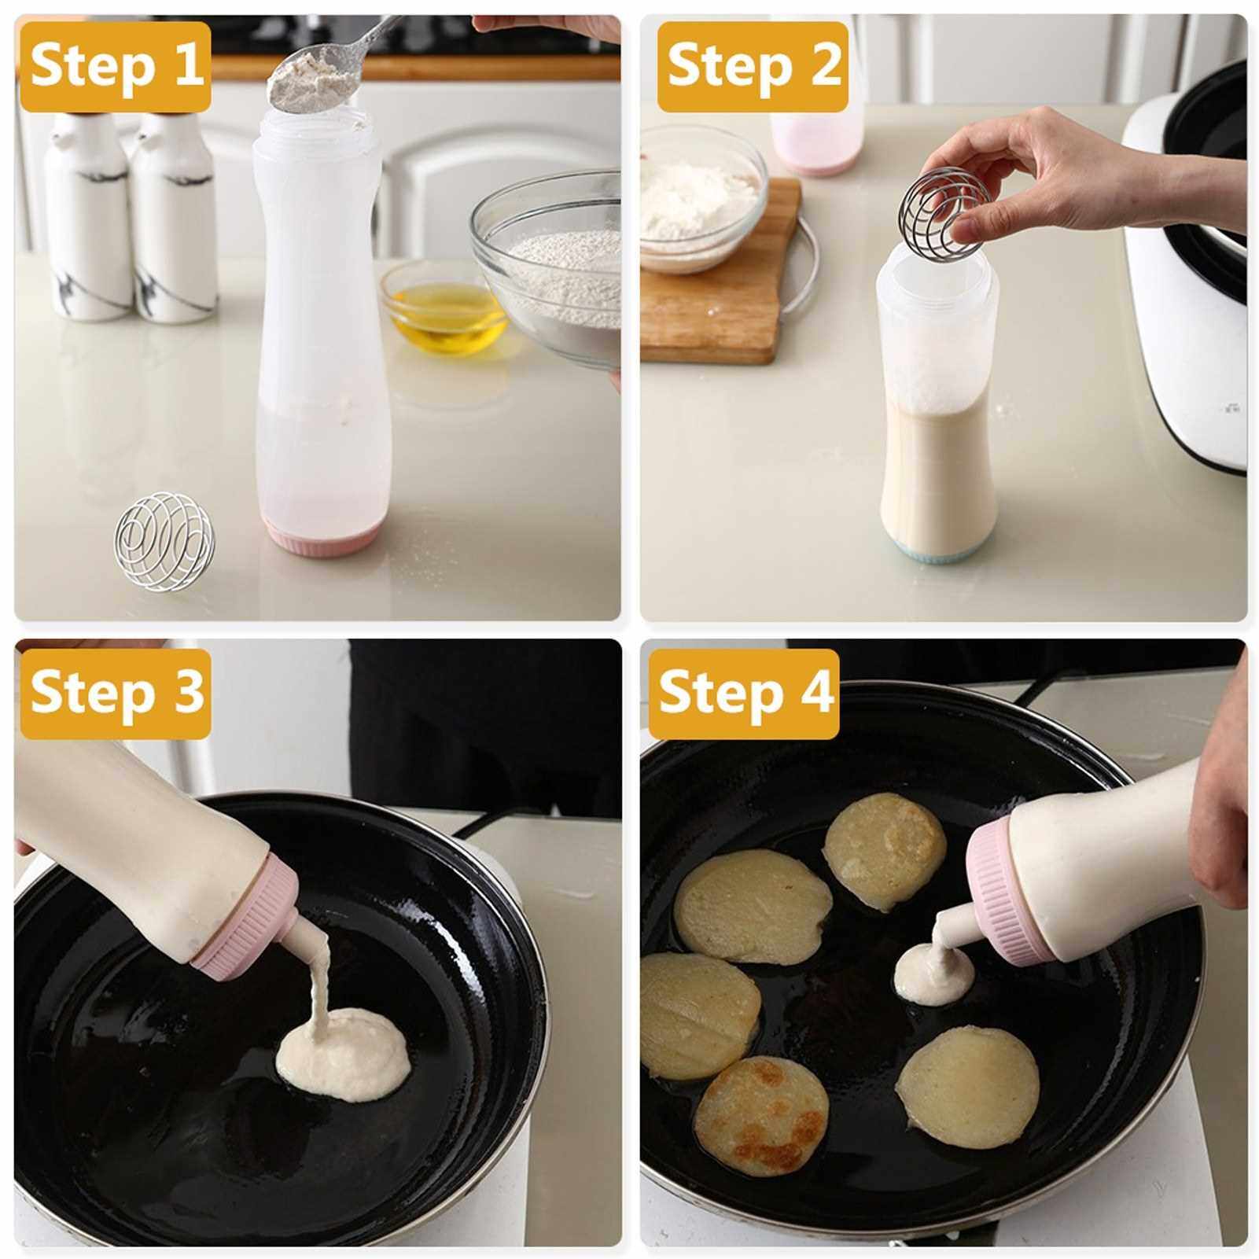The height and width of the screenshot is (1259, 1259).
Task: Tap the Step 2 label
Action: click(x=754, y=66)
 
